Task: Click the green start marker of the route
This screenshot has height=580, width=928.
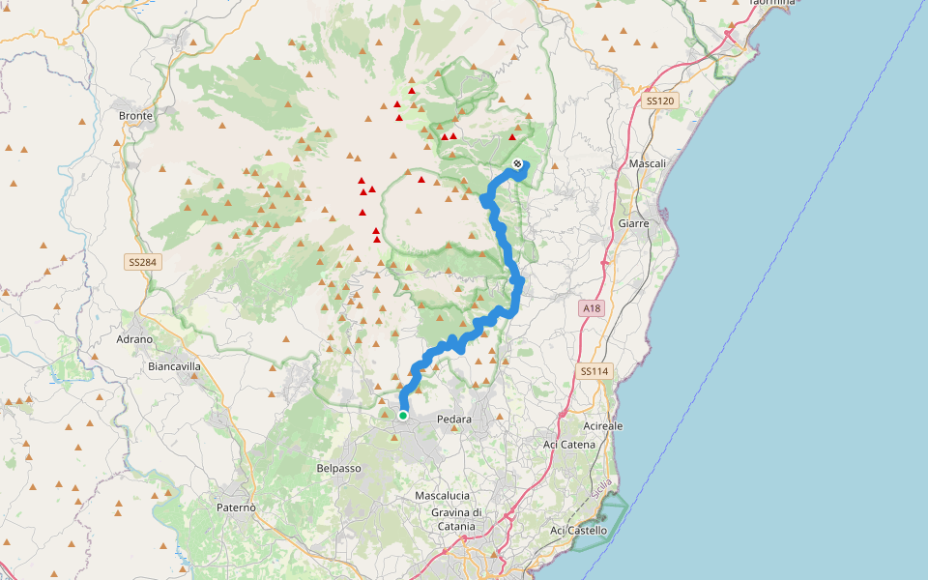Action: coord(403,416)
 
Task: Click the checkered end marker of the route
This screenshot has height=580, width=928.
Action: coord(518,163)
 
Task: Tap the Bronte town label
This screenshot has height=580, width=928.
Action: coord(134,115)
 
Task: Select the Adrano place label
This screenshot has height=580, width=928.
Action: coord(134,339)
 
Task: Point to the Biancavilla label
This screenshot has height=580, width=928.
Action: coord(175,366)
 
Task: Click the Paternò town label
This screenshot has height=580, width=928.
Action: coord(236,507)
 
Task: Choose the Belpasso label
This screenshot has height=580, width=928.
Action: coord(338,468)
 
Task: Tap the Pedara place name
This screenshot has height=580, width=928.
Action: coord(453,420)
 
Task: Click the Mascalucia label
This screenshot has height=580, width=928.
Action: coord(442,495)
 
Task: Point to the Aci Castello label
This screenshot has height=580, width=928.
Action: coord(578,530)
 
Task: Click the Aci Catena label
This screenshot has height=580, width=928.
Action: coord(568,444)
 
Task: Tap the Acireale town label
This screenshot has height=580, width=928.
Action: coord(604,425)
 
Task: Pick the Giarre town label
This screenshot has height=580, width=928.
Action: coord(633,223)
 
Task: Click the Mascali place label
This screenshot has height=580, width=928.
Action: coord(648,163)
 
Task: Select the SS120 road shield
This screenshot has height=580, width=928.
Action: coord(659,101)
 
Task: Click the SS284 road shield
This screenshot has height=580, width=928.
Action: coord(140,262)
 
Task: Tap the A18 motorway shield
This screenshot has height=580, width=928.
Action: coord(592,308)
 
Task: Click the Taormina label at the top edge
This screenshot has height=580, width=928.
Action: coord(770,3)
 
